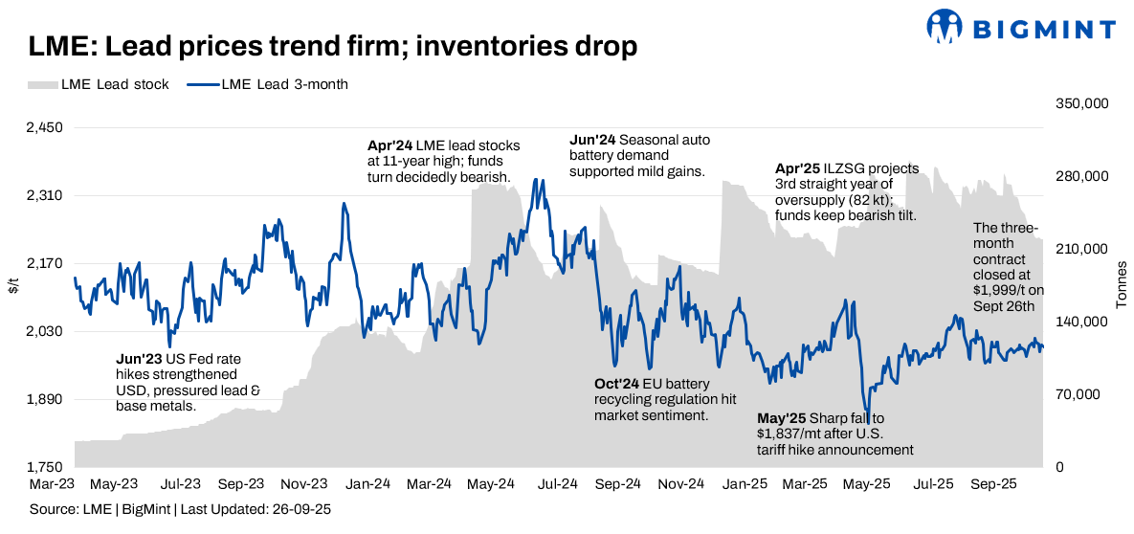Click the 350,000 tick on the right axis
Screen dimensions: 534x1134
tap(1081, 103)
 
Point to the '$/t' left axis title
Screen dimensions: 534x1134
tap(13, 285)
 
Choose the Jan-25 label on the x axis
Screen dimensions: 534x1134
tap(743, 485)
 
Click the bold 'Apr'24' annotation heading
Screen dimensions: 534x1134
tap(389, 145)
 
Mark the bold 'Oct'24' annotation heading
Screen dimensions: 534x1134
tap(616, 384)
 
